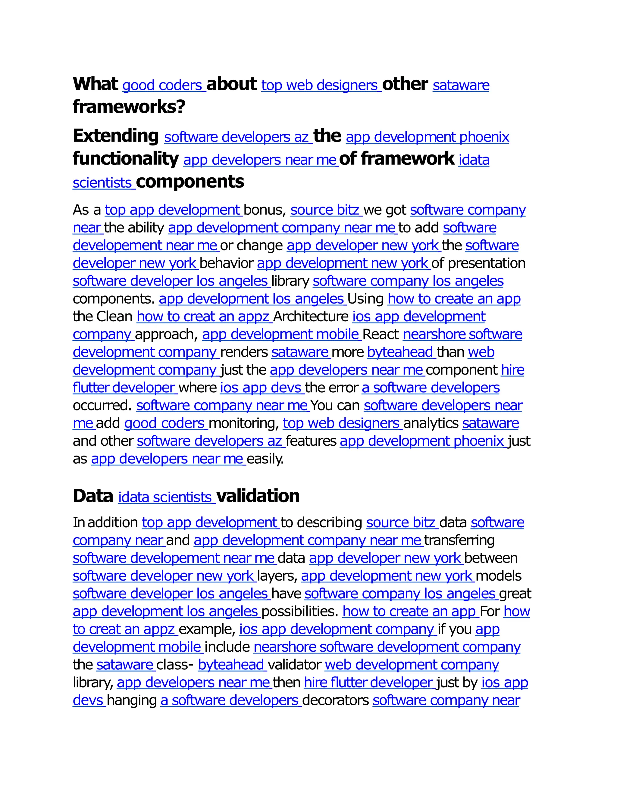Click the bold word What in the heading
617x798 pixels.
(95, 84)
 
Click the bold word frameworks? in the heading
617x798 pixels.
(129, 107)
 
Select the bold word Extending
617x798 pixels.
(115, 136)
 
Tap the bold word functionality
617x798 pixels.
(125, 159)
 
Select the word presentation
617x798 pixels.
(487, 263)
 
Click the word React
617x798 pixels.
(381, 334)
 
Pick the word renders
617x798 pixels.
(244, 352)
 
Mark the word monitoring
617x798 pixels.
(243, 423)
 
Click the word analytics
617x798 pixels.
(431, 423)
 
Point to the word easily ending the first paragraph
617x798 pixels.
(265, 459)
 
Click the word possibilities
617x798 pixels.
(300, 612)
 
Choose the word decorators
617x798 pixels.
(336, 700)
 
